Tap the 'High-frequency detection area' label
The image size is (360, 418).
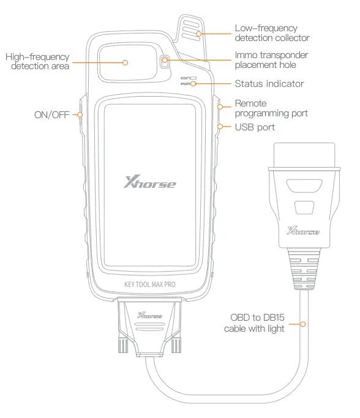[37, 62]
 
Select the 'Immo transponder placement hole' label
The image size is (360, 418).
[271, 60]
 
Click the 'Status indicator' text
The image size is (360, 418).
[269, 84]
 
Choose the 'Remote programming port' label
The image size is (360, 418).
[271, 109]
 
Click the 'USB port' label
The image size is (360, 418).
[255, 127]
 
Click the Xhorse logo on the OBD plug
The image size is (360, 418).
[302, 231]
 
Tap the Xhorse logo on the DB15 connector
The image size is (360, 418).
[150, 315]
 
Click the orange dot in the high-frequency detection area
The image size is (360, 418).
[125, 62]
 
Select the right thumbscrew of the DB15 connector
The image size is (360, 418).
[177, 347]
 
